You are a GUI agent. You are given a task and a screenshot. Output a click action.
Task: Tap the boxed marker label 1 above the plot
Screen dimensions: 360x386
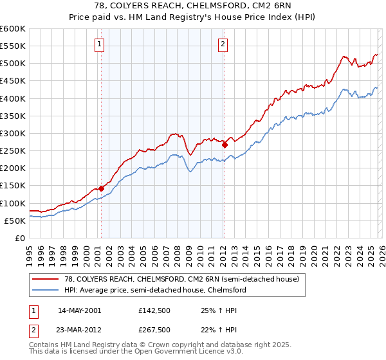pos(100,44)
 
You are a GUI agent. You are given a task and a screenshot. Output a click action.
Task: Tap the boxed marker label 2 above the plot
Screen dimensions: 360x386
pos(223,44)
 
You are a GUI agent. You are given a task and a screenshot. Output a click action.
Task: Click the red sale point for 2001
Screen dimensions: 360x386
pos(101,188)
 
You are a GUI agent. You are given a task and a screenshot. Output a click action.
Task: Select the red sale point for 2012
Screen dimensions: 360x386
pos(225,145)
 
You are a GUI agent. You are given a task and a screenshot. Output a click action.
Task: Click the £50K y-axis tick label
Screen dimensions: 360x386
pos(14,221)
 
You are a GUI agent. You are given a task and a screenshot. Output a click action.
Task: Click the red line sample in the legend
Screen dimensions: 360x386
pos(46,280)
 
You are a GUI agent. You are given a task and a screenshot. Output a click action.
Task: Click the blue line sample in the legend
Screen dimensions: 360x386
pos(46,291)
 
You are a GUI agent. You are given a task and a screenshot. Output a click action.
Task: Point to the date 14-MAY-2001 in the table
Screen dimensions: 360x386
pos(80,310)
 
